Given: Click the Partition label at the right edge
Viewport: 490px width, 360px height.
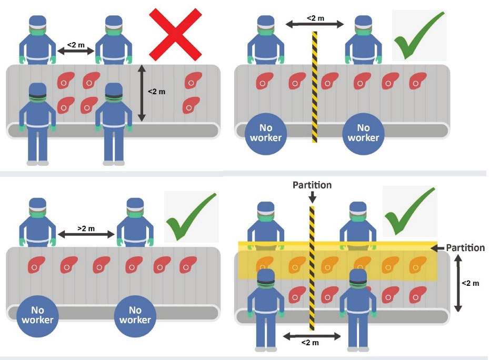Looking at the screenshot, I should pyautogui.click(x=465, y=248).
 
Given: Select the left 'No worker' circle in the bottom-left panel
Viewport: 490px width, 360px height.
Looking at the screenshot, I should pyautogui.click(x=37, y=314).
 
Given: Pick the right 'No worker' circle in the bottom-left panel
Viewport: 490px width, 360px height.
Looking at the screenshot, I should pyautogui.click(x=135, y=314).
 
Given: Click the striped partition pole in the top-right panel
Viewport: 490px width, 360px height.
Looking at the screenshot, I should pyautogui.click(x=314, y=87).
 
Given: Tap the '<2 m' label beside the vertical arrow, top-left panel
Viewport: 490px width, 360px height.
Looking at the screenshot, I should pyautogui.click(x=156, y=92).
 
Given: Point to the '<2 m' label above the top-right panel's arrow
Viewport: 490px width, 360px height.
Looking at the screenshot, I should pyautogui.click(x=315, y=18).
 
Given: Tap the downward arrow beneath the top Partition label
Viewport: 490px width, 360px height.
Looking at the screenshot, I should pyautogui.click(x=313, y=197).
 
